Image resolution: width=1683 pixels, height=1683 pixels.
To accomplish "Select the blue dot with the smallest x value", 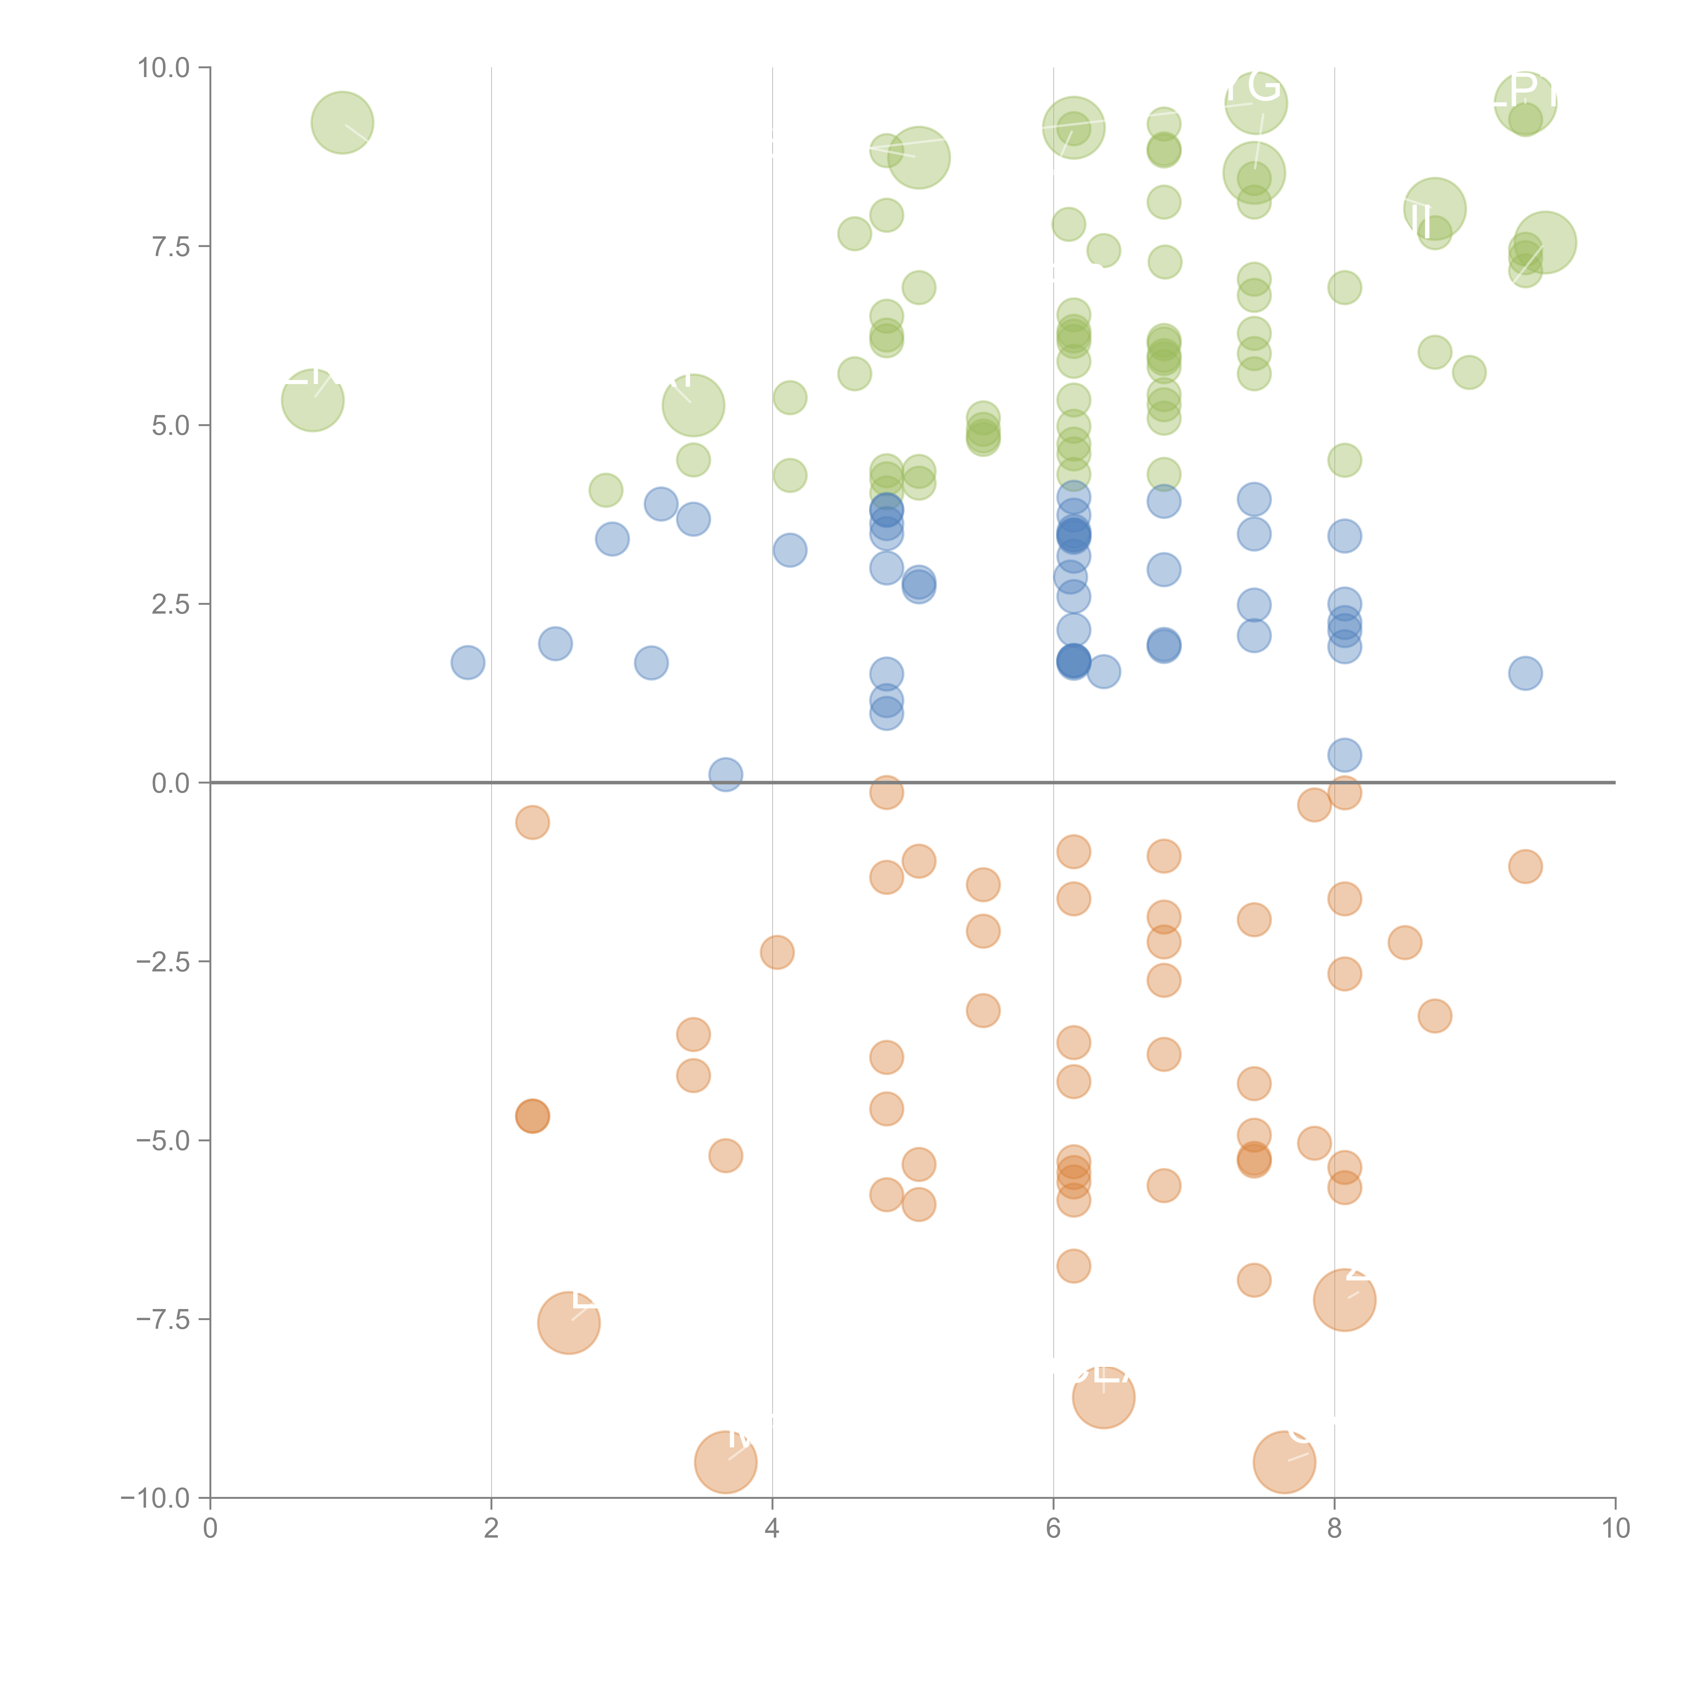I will click(468, 663).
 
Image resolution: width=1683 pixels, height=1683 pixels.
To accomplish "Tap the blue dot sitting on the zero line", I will click(726, 775).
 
